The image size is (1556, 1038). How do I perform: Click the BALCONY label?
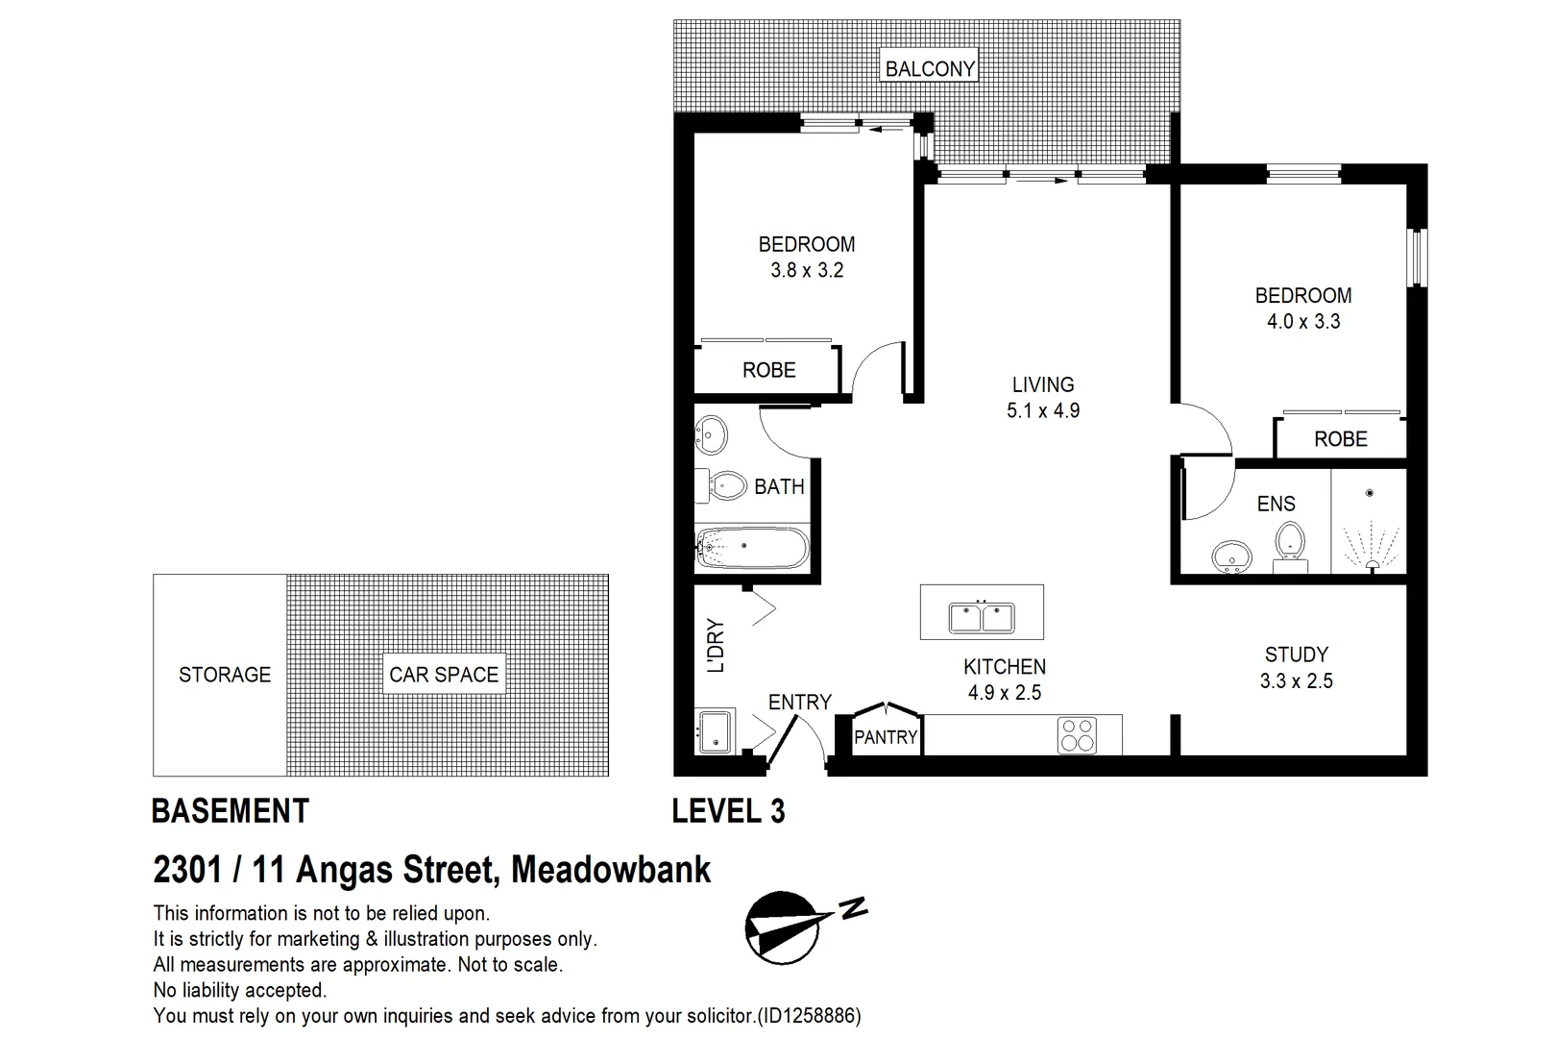pos(929,68)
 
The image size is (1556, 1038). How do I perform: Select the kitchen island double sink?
pos(982,616)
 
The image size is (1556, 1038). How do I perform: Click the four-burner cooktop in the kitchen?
pos(1077,735)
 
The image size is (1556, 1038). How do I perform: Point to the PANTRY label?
pos(886,737)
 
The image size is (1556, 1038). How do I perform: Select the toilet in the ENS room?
pos(1289,543)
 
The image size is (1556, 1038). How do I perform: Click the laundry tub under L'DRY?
pos(716,733)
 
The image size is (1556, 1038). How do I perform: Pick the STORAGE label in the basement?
pos(225,675)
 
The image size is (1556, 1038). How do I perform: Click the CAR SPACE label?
pos(444,675)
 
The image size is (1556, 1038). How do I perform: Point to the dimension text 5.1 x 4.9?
pos(1043,411)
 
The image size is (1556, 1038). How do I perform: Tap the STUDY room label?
pos(1297,655)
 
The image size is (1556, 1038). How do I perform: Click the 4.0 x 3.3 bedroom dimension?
pos(1303,322)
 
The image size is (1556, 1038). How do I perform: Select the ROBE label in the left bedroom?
pos(768,370)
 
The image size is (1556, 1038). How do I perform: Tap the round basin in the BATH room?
pos(712,435)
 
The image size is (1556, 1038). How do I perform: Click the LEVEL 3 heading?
pos(728,811)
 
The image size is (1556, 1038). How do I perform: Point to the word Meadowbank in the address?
pos(611,870)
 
